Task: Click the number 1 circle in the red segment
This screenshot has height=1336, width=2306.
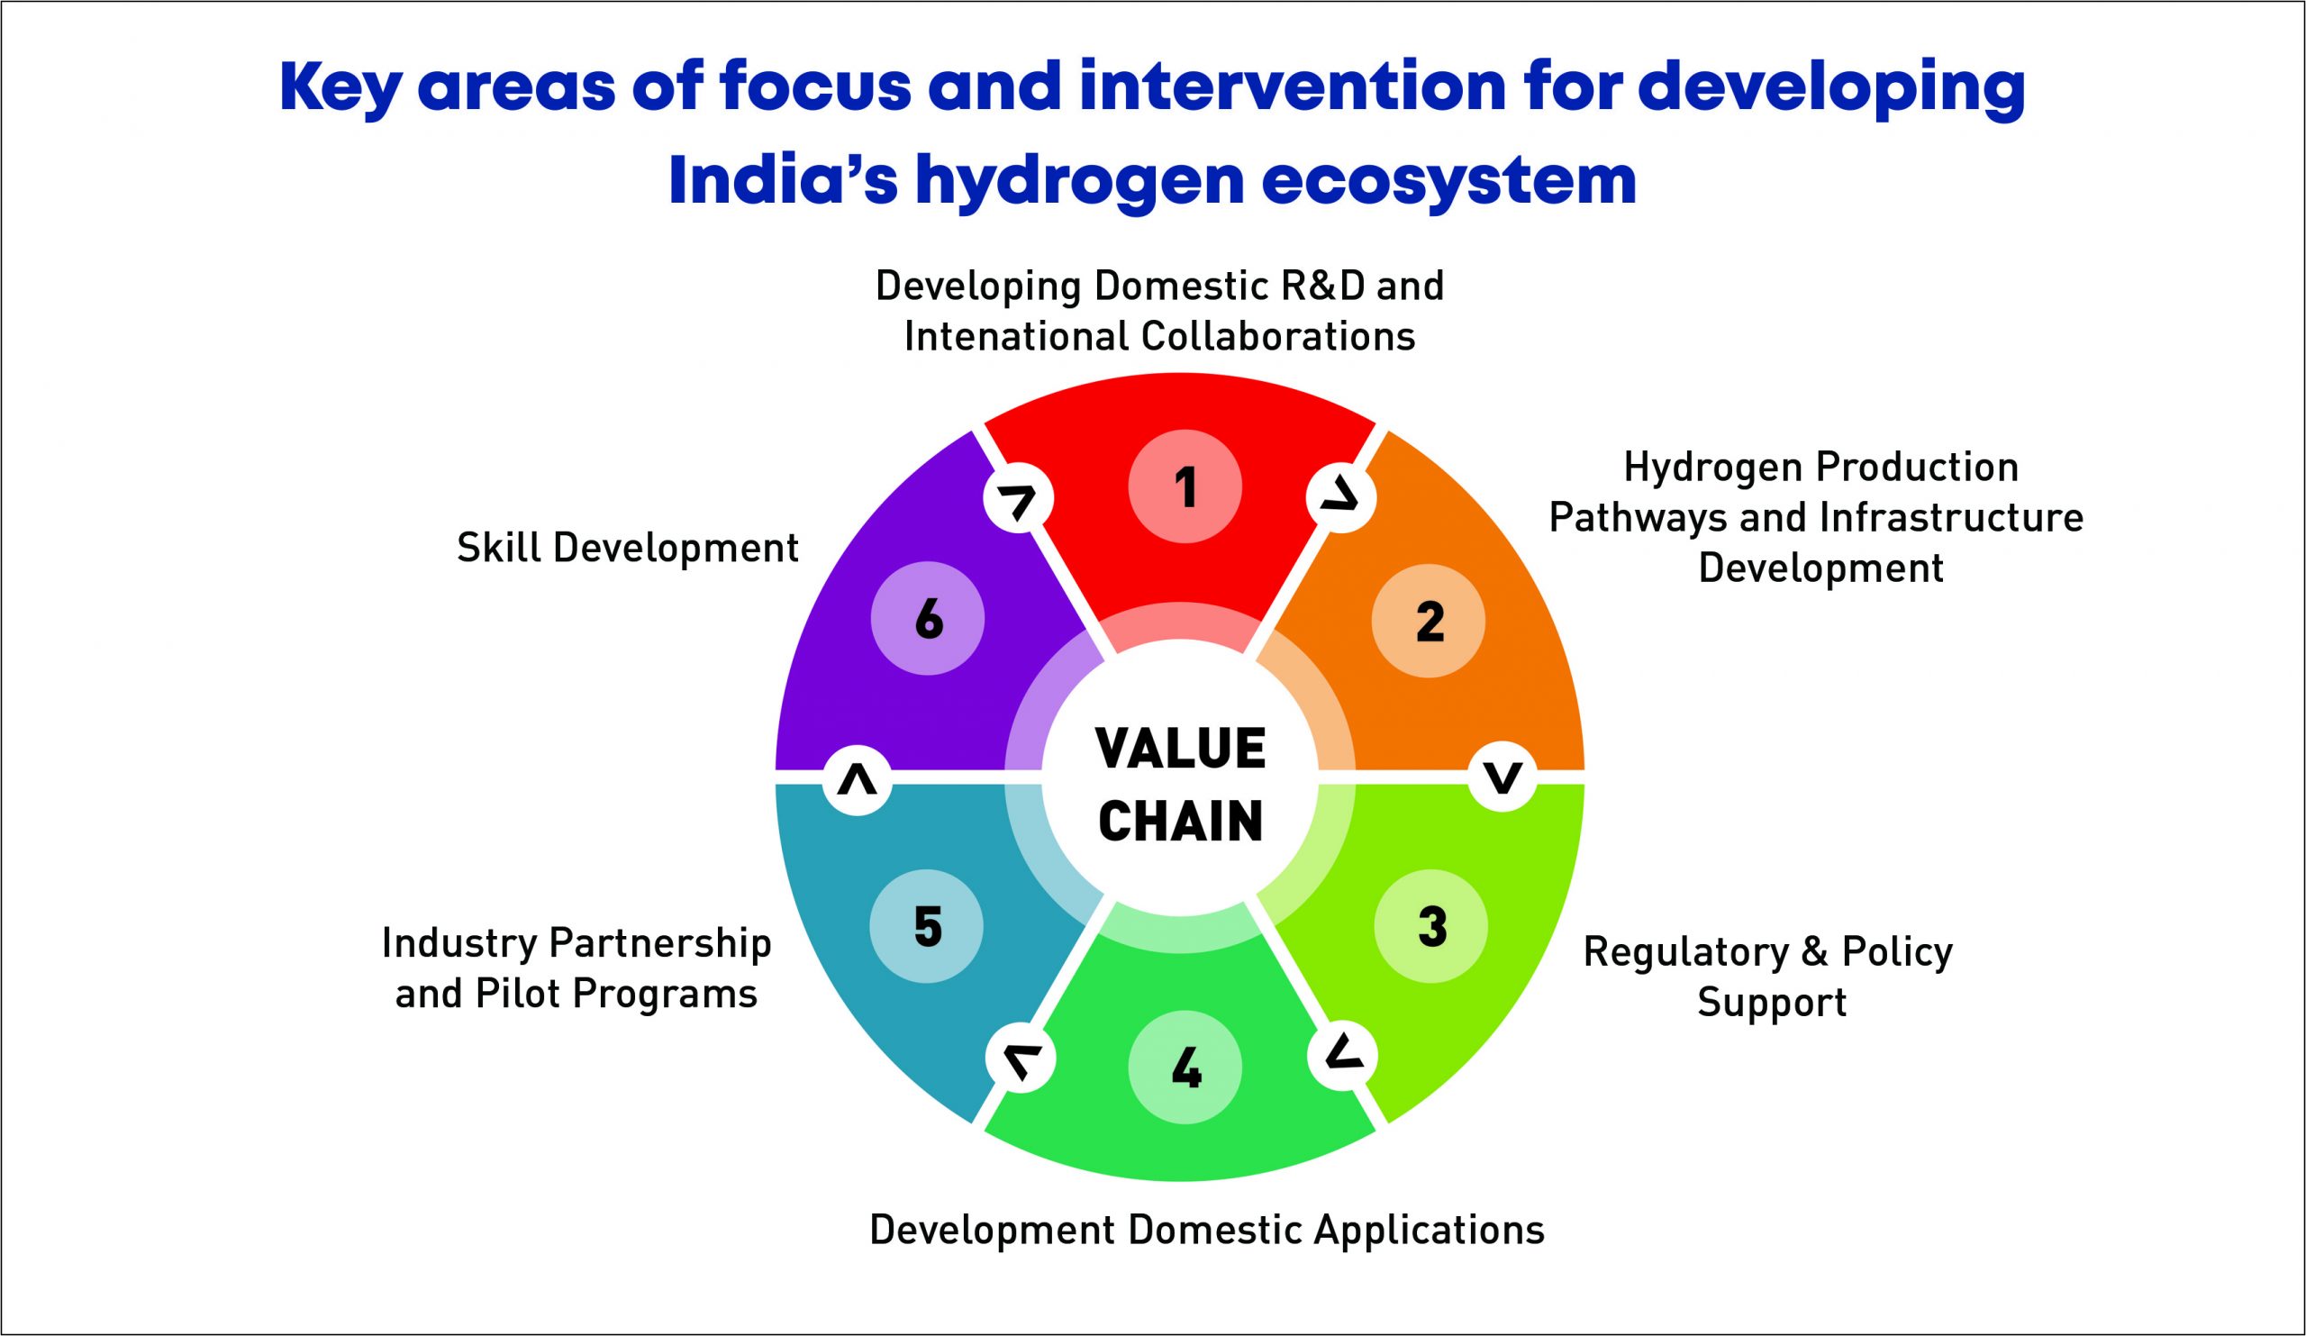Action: pyautogui.click(x=1185, y=486)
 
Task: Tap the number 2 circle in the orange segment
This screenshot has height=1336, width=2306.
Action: pyautogui.click(x=1429, y=621)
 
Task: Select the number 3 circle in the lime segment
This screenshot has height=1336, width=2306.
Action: pyautogui.click(x=1431, y=926)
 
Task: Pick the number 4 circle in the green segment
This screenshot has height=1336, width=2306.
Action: pyautogui.click(x=1185, y=1067)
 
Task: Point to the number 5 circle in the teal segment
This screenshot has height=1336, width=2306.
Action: pyautogui.click(x=927, y=926)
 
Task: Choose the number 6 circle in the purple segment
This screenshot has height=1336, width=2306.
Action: pyautogui.click(x=928, y=619)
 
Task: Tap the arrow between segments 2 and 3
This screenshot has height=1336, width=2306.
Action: pyautogui.click(x=1502, y=777)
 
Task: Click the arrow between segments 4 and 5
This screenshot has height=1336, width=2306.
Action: pyautogui.click(x=1021, y=1059)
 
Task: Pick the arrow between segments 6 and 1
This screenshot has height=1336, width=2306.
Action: pyautogui.click(x=1019, y=499)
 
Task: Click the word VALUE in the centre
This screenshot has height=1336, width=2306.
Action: pyautogui.click(x=1180, y=749)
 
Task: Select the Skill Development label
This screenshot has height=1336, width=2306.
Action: pyautogui.click(x=628, y=549)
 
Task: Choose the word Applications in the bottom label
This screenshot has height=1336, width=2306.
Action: pyautogui.click(x=1430, y=1231)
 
